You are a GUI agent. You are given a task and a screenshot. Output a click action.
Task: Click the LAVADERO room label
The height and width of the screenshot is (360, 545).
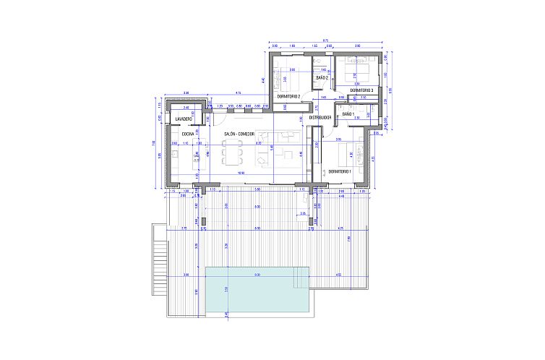pos(183,118)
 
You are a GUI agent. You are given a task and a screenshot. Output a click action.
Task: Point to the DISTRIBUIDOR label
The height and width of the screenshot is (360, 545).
pos(319,117)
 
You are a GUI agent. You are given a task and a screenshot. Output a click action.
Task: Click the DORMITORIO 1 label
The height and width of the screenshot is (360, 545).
pos(339,171)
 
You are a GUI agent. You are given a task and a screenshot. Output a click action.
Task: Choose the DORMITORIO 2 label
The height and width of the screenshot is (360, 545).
pos(288,96)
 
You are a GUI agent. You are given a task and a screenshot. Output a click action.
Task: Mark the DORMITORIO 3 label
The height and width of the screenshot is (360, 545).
pos(361,90)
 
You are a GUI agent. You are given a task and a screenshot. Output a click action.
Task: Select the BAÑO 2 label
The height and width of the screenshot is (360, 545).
pos(322,77)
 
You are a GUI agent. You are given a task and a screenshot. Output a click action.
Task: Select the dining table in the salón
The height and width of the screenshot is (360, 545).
pos(233,153)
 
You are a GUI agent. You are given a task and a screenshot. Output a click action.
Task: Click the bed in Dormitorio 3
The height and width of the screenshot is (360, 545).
pos(359,72)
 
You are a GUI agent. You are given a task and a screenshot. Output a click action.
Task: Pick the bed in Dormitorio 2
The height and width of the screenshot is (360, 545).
pos(288,72)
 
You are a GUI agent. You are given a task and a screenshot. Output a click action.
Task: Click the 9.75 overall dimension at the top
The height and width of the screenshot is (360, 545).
pos(325,40)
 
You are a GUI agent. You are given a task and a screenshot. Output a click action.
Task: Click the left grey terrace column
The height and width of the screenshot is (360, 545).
pos(203,220)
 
